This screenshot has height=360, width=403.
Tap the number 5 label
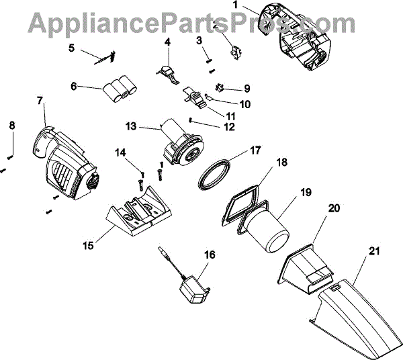[x=73, y=48]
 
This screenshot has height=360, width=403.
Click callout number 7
[x=40, y=100]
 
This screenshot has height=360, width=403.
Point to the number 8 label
[x=11, y=125]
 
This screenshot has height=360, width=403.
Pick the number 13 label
[x=130, y=126]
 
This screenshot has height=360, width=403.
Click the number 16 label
[x=210, y=255]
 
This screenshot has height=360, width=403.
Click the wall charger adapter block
[x=194, y=294]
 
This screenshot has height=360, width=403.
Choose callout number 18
[x=281, y=161]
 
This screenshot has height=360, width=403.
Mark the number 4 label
[x=167, y=42]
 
